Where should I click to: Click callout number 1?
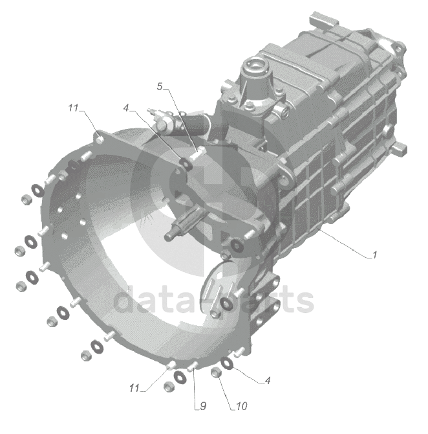pos(374,255)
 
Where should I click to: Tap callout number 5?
pos(160,87)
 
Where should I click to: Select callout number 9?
pos(203,406)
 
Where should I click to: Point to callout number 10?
pos(242,406)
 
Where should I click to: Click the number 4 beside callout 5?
pos(126,108)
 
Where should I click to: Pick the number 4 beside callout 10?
pos(267,380)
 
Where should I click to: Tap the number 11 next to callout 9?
pos(134,388)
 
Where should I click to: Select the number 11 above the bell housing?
pos(74,108)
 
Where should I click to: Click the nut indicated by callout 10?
pos(216,372)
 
